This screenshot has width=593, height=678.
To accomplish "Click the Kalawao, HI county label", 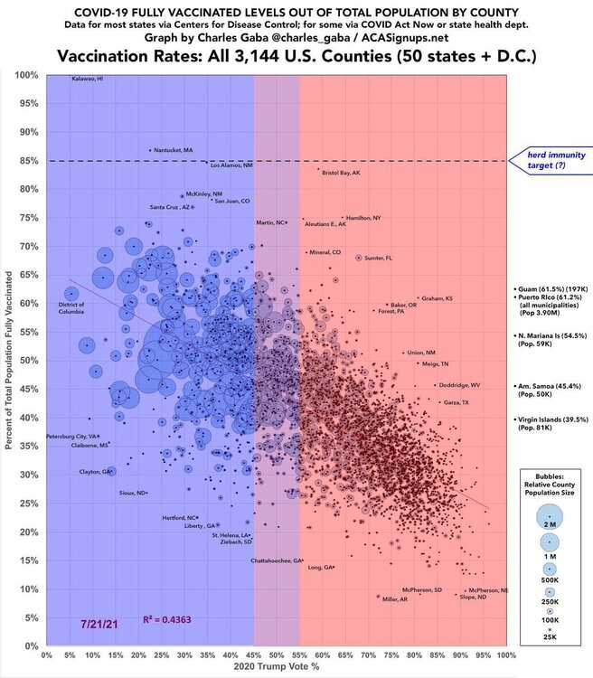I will point(88,80).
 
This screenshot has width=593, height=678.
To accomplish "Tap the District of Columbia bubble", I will point(71,293).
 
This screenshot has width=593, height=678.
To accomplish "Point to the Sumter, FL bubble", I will point(359,258).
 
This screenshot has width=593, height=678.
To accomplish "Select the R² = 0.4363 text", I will point(167,619).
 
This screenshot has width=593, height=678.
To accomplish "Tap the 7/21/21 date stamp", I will point(97,625).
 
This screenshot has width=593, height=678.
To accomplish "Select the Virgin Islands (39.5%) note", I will point(549,419).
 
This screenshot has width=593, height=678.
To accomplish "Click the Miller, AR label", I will point(399,598).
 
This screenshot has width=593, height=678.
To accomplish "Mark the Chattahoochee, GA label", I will point(277,561).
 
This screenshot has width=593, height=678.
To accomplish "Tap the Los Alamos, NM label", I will point(231,165).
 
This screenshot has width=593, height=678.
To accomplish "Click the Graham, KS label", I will point(438,298).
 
